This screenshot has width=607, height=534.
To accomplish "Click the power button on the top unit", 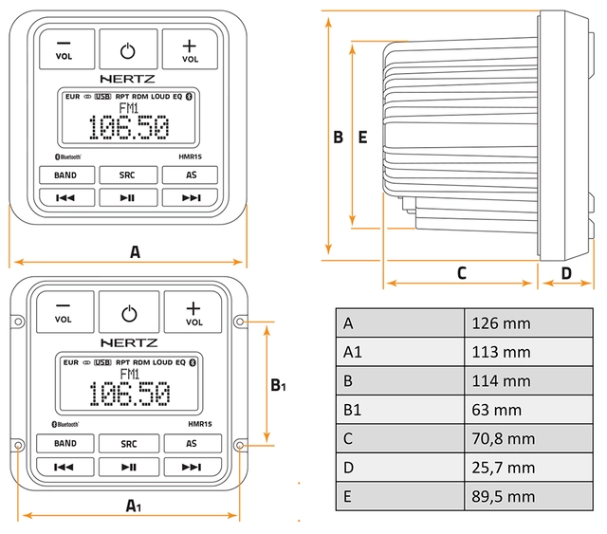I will [x=128, y=49].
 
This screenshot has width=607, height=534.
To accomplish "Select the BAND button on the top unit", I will [x=64, y=175].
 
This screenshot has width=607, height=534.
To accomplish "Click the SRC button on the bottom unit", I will [x=128, y=443].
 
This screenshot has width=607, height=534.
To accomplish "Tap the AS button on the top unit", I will [x=191, y=175].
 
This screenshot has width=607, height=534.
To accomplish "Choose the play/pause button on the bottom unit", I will [x=128, y=466].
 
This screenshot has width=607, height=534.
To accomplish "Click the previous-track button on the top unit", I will [x=64, y=197].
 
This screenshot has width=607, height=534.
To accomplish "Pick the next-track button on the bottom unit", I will [x=192, y=466].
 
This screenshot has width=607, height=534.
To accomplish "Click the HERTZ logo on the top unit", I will [x=128, y=81].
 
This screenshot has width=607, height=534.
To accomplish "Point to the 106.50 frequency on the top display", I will [x=128, y=127].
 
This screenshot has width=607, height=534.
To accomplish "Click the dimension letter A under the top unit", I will [x=135, y=252].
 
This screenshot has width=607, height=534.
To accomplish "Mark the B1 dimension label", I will [x=278, y=385].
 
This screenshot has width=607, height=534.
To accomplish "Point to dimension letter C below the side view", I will [x=462, y=273].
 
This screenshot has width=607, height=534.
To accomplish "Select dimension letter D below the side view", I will [x=565, y=273].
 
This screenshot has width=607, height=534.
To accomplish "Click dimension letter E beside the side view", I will [x=361, y=137].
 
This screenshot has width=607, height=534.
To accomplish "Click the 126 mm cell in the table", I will [x=502, y=323].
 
